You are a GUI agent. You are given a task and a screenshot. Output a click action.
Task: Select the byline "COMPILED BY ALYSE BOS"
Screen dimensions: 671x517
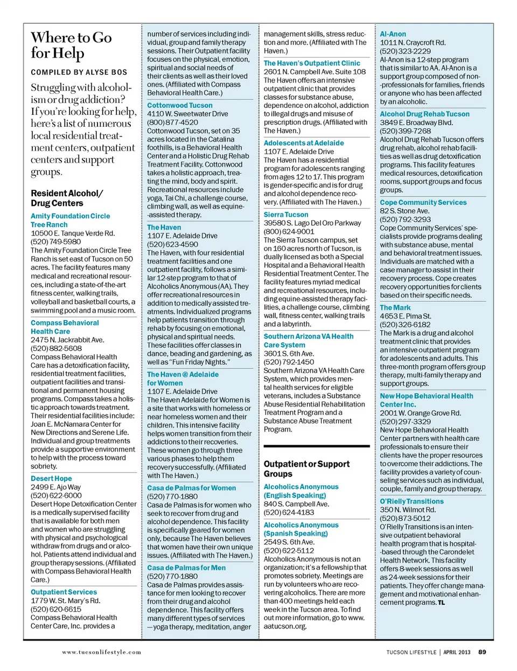tap(79, 72)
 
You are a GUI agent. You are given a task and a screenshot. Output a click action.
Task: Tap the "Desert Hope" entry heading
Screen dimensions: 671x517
tap(51, 478)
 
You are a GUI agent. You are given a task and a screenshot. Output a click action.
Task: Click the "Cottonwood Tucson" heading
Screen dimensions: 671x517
tap(180, 105)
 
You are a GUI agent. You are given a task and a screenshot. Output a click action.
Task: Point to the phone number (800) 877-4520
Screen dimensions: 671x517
tap(172, 122)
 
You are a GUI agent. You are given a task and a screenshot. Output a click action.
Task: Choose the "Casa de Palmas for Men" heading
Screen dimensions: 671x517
tap(186, 568)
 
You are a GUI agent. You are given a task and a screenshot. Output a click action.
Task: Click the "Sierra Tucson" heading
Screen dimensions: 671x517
tap(286, 215)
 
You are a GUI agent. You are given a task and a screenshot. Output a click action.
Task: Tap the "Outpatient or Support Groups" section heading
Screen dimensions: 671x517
tap(306, 469)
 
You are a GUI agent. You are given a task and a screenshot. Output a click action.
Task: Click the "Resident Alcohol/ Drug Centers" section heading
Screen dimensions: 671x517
tap(67, 198)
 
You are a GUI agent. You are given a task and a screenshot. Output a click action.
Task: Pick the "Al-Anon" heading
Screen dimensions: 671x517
tap(393, 34)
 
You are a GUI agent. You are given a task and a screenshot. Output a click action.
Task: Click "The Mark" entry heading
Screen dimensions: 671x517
tap(395, 308)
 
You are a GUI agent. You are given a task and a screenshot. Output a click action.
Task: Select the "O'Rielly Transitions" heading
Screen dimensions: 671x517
tap(412, 501)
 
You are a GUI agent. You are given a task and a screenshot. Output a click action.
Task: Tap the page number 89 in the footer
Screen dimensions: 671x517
tap(482, 652)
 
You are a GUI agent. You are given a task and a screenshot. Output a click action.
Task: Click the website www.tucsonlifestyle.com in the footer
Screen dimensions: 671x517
tap(102, 652)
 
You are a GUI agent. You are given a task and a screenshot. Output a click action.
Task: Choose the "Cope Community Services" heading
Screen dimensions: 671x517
tap(423, 203)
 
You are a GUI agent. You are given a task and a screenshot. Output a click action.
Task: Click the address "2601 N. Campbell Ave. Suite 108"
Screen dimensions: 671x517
tap(315, 72)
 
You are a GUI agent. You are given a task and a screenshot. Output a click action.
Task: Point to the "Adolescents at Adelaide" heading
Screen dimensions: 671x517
tap(304, 143)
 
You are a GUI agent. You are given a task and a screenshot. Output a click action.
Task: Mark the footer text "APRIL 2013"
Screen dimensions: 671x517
tap(457, 652)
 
